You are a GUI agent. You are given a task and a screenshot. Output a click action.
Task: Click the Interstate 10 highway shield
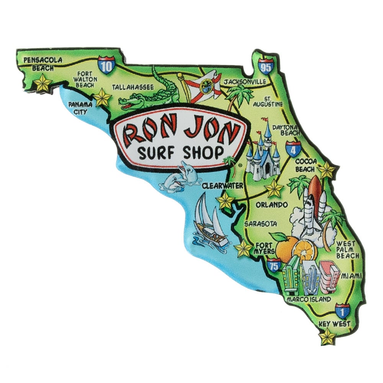(x=106, y=65)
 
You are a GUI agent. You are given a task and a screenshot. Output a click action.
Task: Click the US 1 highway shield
(x=342, y=311)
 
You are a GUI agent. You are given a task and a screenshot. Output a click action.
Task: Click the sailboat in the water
(x=210, y=222)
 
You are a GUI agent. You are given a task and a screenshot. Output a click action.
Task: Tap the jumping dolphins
(x=177, y=176)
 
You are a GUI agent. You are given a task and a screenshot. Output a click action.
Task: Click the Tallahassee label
(x=133, y=87)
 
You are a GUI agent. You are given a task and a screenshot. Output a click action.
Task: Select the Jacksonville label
(x=245, y=82)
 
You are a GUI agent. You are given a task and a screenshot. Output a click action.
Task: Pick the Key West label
(x=334, y=324)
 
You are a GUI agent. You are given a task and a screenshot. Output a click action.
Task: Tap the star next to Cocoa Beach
(x=326, y=170)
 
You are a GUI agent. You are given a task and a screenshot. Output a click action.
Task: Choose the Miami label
(x=351, y=275)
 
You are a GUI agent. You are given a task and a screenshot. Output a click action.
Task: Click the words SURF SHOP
(x=180, y=153)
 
